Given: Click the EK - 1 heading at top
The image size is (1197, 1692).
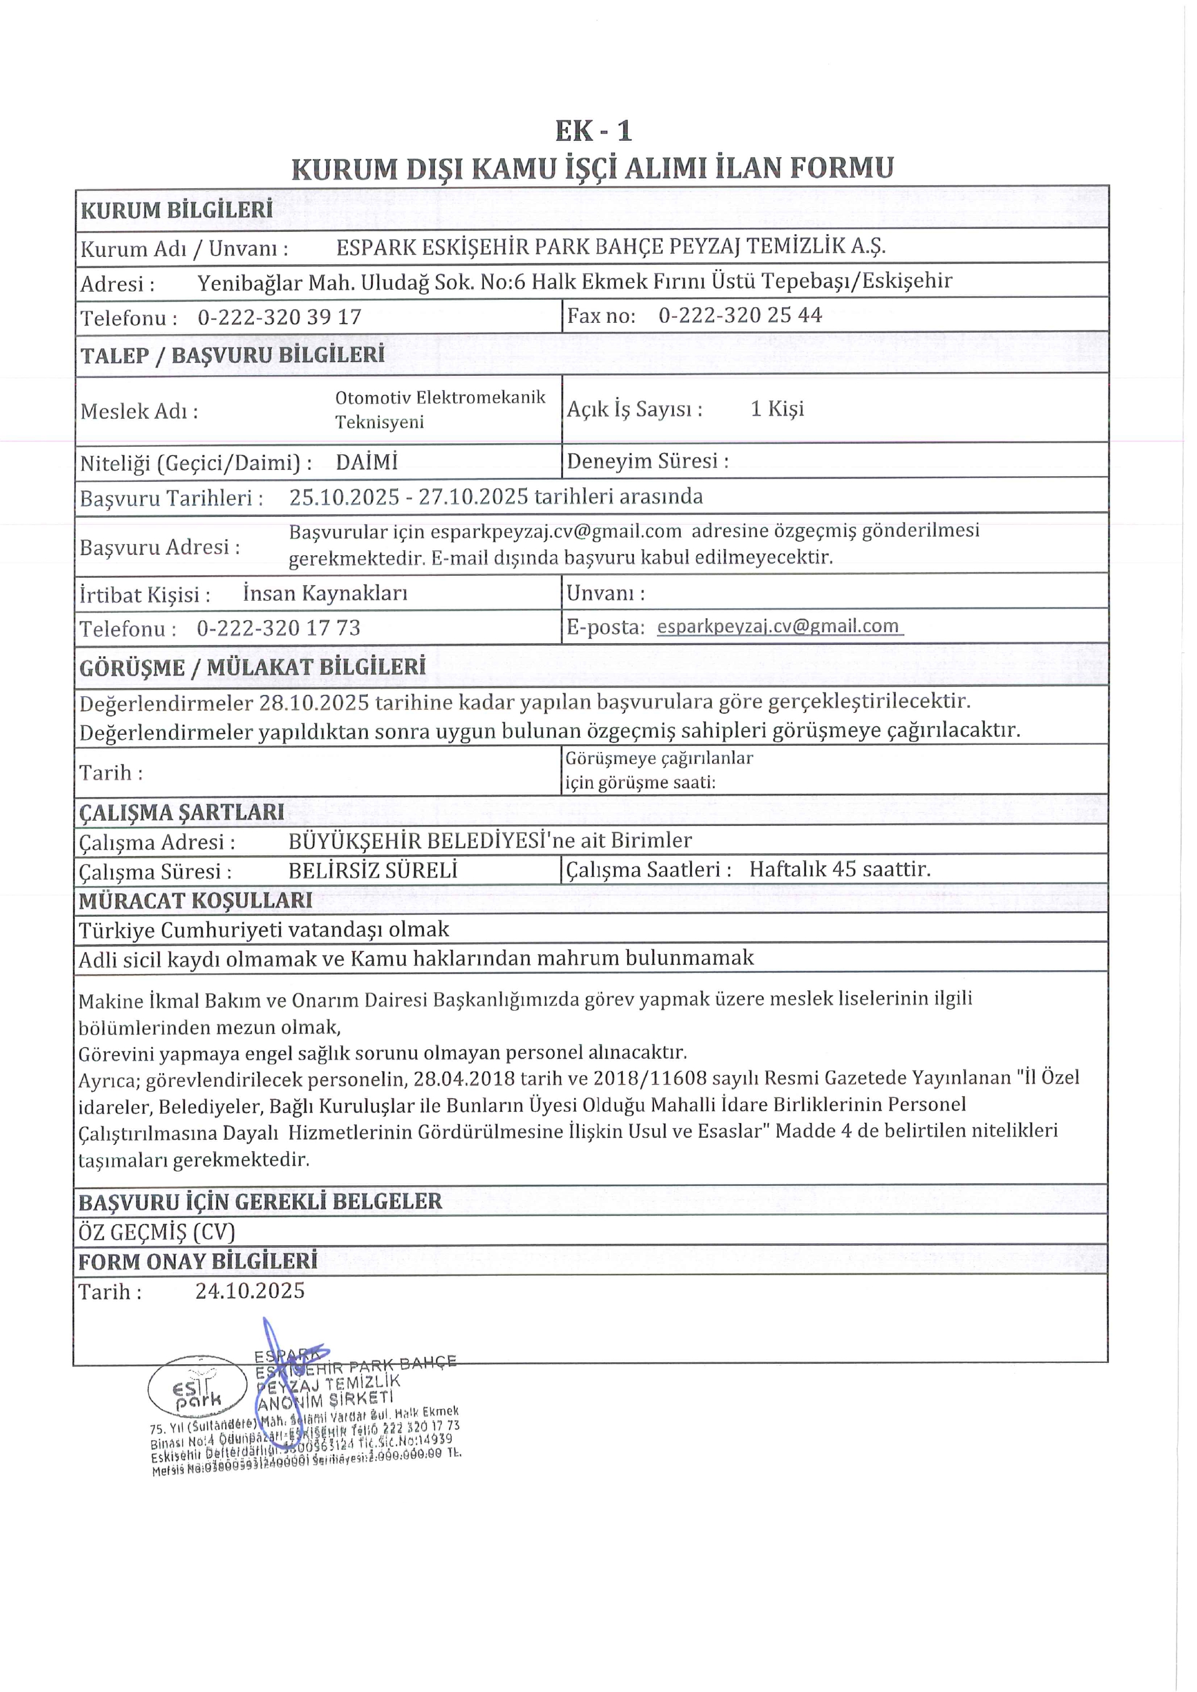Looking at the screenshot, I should coord(594,131).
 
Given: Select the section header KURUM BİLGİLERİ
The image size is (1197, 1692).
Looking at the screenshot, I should coord(176,210).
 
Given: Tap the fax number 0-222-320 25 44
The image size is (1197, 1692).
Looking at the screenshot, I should coord(739,315).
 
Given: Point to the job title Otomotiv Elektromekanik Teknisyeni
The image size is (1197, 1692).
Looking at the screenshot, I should coord(440,409).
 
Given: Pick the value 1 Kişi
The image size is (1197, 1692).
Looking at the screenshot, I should coord(777,409).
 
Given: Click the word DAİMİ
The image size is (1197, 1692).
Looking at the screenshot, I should coord(367,462).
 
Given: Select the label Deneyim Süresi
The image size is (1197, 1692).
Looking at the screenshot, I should coord(647,461).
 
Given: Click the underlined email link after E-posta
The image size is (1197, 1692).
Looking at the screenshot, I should coord(777,626).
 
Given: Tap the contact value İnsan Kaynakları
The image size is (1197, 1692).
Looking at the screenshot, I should coord(325,593).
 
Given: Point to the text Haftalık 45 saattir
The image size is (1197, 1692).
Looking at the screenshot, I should coord(840,869).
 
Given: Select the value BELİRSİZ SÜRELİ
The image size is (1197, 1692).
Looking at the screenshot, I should coord(373,871).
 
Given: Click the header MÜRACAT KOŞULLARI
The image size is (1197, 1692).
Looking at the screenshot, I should coord(195,901).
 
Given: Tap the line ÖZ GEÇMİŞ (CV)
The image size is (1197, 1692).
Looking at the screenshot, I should coord(156,1231).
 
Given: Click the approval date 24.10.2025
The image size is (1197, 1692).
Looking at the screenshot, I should coord(250,1291).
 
